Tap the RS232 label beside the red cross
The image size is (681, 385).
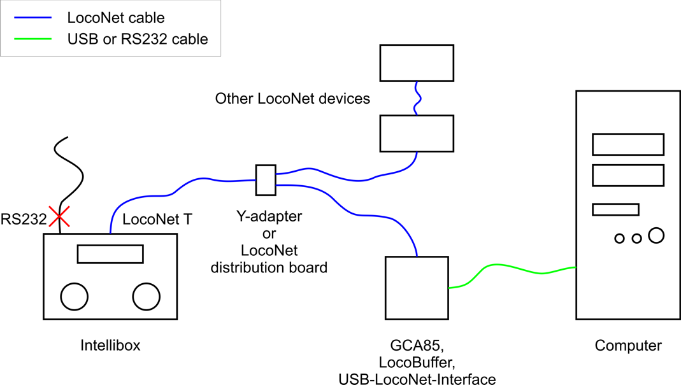(24, 220)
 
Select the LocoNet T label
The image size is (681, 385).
(157, 220)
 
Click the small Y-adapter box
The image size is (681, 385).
(266, 180)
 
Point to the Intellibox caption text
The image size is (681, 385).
(110, 346)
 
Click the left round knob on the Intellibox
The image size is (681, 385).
(75, 296)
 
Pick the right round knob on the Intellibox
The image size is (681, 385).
(147, 296)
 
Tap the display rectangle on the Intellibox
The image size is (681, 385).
(110, 254)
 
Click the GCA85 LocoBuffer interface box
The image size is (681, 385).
(417, 288)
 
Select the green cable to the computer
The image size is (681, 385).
(510, 272)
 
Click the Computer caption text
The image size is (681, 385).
(628, 346)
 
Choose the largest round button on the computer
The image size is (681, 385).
(656, 235)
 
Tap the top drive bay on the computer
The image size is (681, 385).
(628, 144)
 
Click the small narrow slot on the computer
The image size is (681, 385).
(615, 209)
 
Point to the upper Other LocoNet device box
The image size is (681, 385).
(417, 62)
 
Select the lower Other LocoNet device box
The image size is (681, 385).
(417, 133)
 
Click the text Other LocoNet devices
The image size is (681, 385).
(292, 99)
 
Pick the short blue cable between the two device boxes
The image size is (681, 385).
(416, 98)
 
